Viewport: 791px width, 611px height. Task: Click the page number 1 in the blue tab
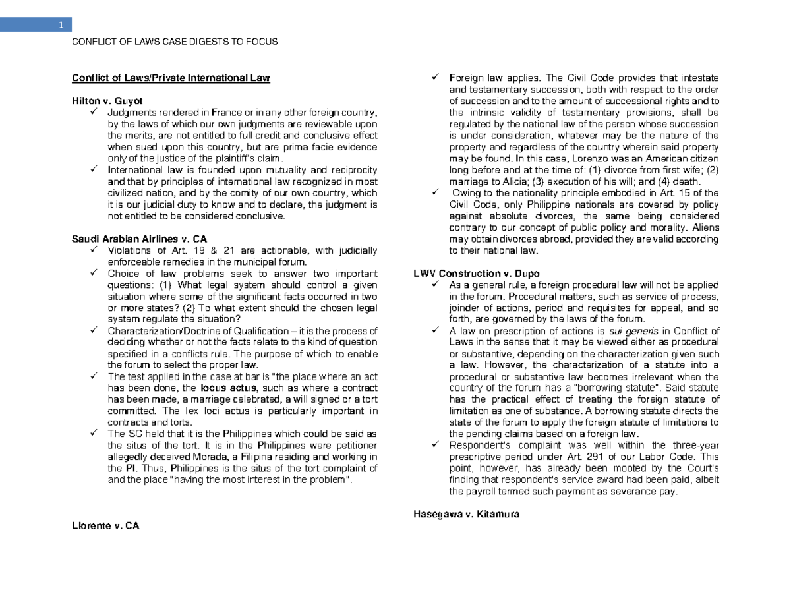pyautogui.click(x=60, y=26)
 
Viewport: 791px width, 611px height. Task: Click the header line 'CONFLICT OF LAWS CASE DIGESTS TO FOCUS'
pyautogui.click(x=175, y=42)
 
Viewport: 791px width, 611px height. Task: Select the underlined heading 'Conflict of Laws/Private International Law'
pyautogui.click(x=171, y=78)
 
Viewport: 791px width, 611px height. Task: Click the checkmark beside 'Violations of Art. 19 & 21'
pyautogui.click(x=96, y=250)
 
